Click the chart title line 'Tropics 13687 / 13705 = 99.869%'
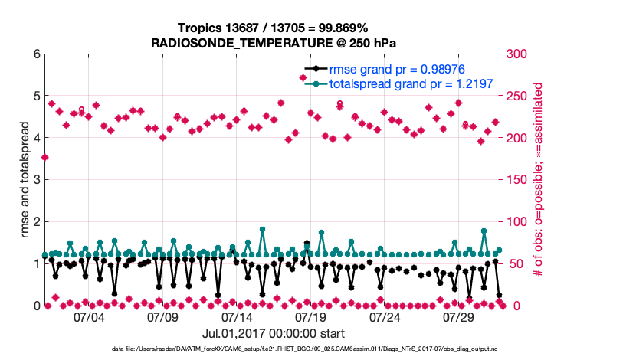[274, 28]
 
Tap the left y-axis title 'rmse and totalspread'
[26, 179]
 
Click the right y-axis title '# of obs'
[538, 179]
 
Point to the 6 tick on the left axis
[35, 54]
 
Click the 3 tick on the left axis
[35, 180]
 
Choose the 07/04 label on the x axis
[89, 316]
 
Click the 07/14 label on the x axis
[237, 316]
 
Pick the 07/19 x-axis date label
[311, 316]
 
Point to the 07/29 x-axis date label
[459, 316]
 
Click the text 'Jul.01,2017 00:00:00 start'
[274, 333]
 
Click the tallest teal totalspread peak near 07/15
[262, 229]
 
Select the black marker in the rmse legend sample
[315, 69]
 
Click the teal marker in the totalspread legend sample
[315, 83]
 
